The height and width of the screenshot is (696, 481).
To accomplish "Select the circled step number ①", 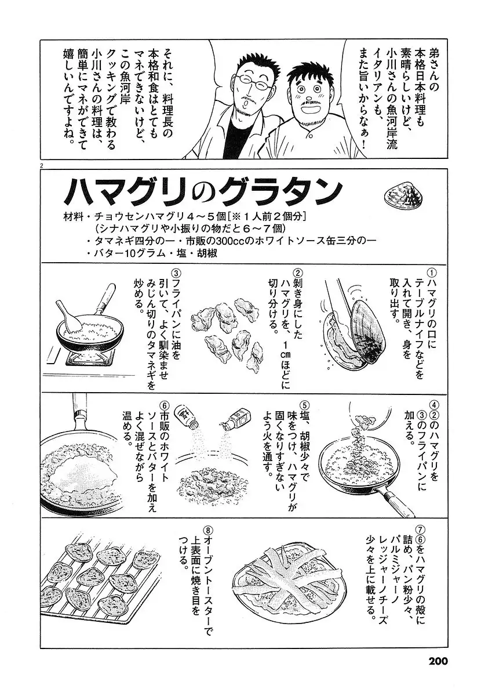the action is pyautogui.click(x=432, y=273).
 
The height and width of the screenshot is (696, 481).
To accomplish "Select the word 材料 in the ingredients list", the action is pyautogui.click(x=72, y=216).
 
